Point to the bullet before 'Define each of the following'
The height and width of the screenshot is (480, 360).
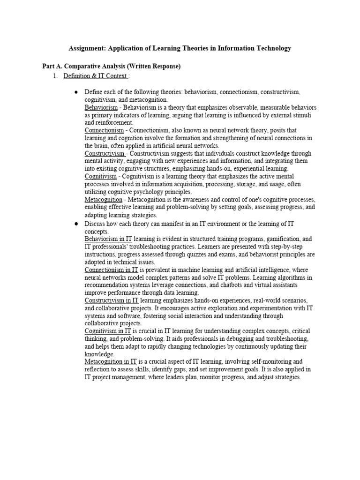[x=76, y=92]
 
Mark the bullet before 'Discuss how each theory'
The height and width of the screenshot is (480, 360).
[x=76, y=224]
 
